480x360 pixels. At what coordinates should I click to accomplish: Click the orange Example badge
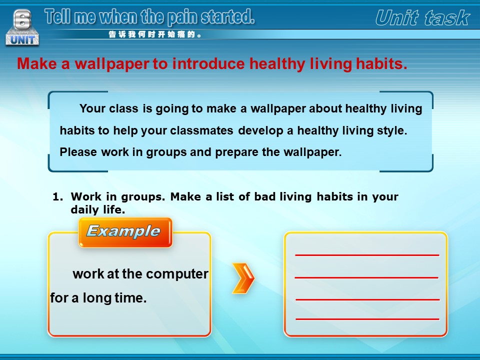click(125, 232)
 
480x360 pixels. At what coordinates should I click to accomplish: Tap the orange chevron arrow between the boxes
click(243, 278)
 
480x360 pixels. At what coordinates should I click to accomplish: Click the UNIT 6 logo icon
click(22, 28)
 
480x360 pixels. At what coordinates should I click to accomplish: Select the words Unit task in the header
click(422, 18)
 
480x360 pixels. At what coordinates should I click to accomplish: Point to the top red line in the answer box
click(367, 255)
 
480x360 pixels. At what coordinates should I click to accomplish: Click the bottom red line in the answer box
click(367, 319)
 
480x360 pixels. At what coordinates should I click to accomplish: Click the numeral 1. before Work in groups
click(58, 196)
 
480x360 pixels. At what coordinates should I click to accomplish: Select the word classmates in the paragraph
click(201, 130)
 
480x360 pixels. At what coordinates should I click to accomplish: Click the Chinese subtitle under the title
click(155, 34)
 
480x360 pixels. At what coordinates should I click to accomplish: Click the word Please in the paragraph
click(78, 152)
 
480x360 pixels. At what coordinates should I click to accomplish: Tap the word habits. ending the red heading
click(381, 63)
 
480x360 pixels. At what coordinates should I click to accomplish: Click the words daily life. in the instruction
click(97, 209)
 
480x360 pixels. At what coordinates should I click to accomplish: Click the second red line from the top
click(366, 277)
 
